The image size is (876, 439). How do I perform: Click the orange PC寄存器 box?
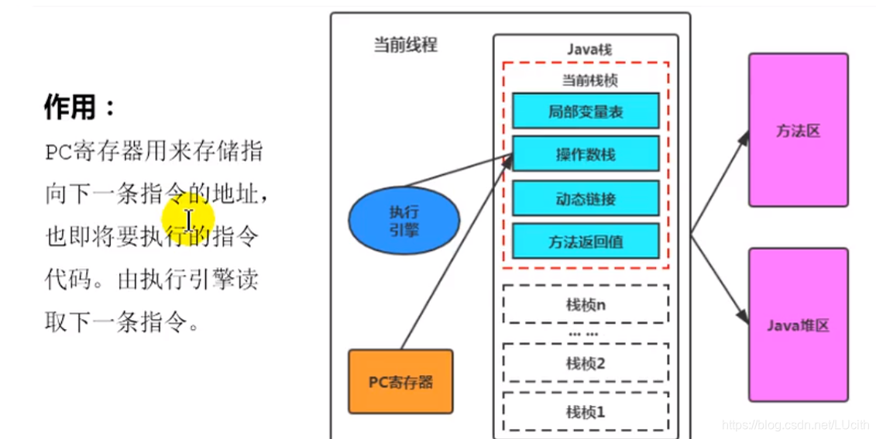coord(400,381)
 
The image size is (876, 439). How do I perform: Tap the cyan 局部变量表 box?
coord(586,111)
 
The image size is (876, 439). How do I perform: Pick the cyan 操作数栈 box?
coord(586,154)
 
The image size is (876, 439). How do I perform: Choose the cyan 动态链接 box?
coord(586,198)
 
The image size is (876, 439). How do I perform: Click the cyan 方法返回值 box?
coord(586,242)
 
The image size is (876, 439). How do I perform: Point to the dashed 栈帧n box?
coord(586,304)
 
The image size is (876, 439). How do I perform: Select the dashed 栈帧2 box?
coord(586,363)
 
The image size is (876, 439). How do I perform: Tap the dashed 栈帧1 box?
coord(586,412)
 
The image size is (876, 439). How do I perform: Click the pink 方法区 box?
coord(798,130)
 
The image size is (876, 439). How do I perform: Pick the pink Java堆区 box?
coord(798,325)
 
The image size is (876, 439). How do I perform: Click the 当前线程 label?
coord(405,45)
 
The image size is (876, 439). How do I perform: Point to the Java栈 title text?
coord(586,49)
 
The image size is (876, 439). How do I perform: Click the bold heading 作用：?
coord(80,108)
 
